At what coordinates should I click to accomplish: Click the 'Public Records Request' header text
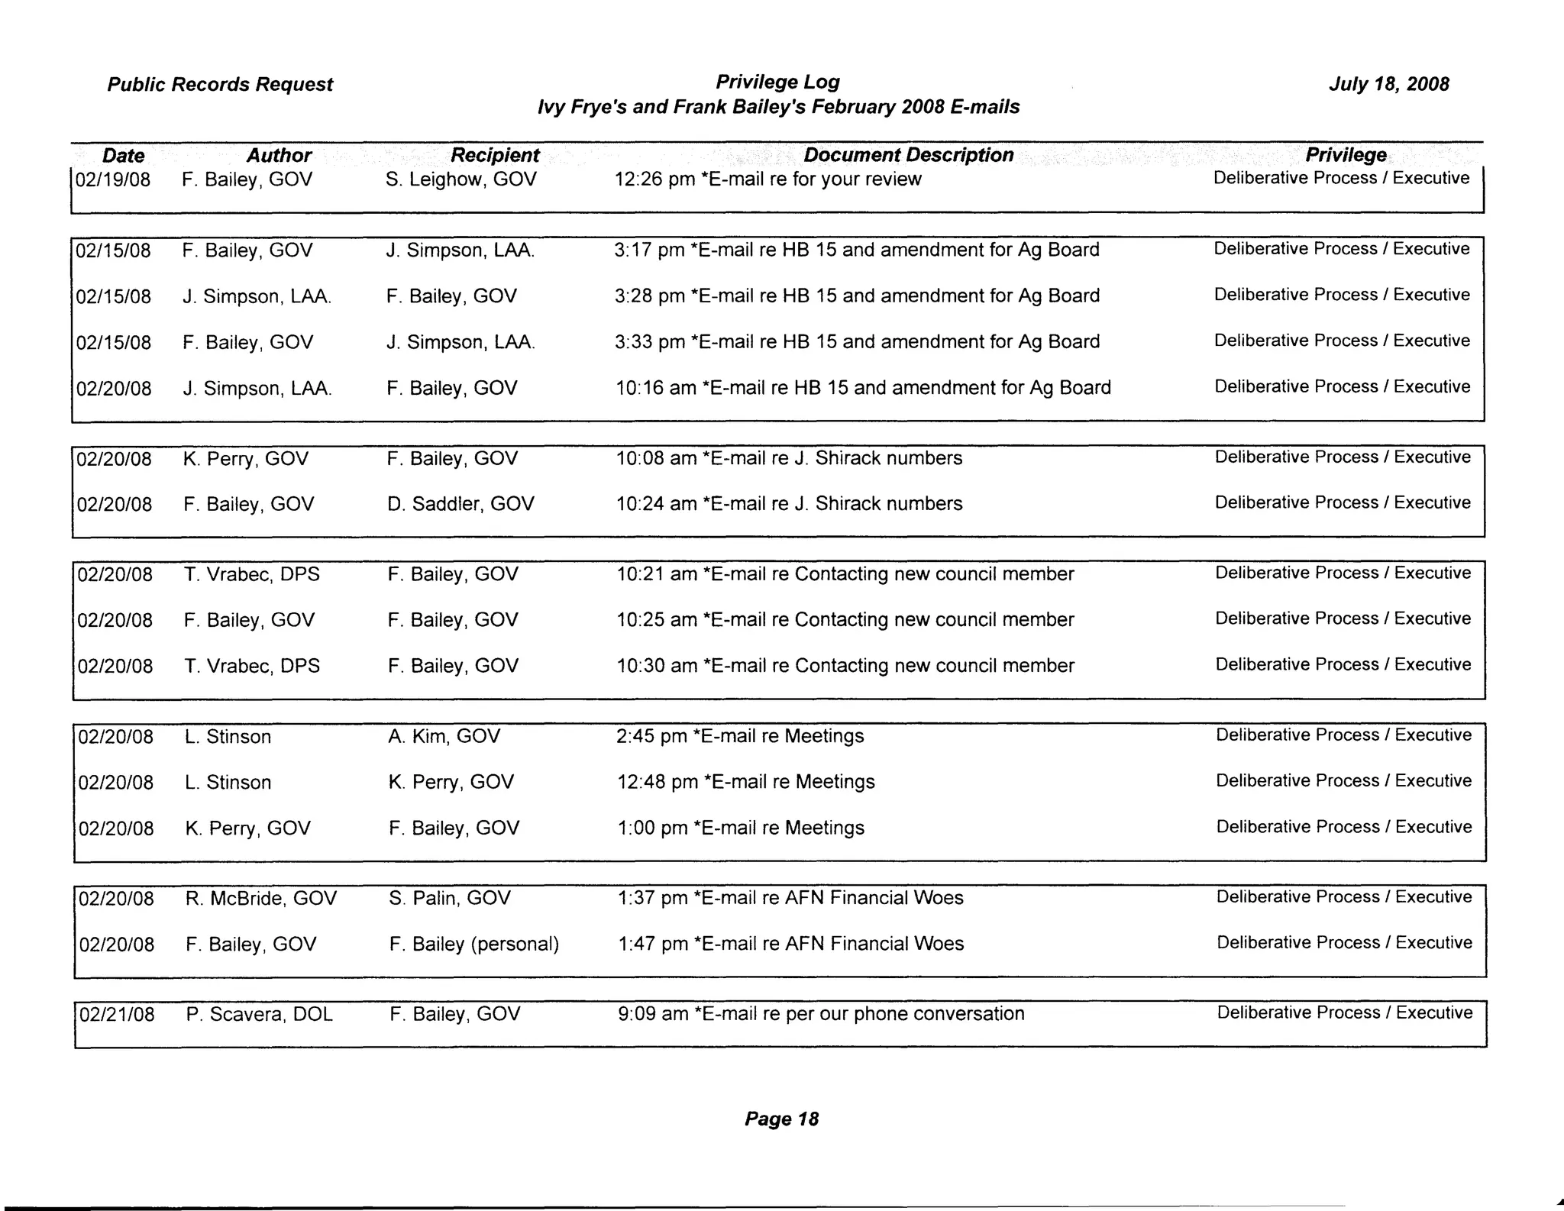click(x=220, y=84)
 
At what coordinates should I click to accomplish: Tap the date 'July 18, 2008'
click(x=1388, y=84)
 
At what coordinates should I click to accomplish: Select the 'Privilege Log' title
click(x=777, y=82)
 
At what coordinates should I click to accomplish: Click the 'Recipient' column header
click(x=495, y=155)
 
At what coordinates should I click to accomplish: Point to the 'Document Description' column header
click(x=909, y=155)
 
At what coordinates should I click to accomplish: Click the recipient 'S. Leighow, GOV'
click(x=461, y=179)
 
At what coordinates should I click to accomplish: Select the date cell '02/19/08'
click(x=113, y=180)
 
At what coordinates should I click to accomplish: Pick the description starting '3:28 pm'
click(x=857, y=296)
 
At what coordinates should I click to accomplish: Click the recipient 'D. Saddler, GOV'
click(x=460, y=504)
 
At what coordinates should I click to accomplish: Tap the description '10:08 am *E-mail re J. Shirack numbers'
click(x=789, y=458)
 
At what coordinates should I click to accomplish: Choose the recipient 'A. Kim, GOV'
click(x=444, y=736)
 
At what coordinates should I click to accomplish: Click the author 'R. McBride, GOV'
click(x=260, y=898)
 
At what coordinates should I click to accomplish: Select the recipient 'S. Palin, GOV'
click(x=449, y=898)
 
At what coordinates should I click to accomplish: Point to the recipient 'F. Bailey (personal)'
click(x=474, y=945)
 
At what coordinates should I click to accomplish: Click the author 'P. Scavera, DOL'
click(x=259, y=1014)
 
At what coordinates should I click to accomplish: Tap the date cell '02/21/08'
click(x=117, y=1015)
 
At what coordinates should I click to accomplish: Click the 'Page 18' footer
click(x=781, y=1119)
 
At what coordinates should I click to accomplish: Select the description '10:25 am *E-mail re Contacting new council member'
click(x=845, y=620)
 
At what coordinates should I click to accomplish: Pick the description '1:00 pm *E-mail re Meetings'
click(x=740, y=828)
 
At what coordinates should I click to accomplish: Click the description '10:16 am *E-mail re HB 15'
click(x=863, y=388)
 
